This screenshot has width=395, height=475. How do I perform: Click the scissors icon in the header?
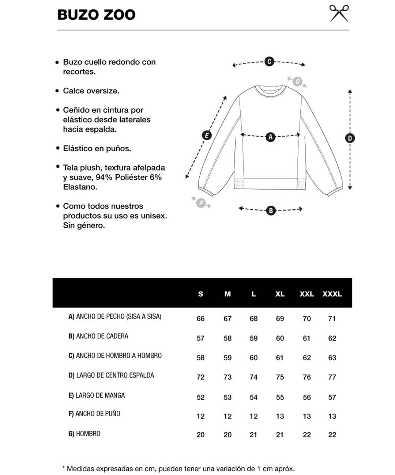pyautogui.click(x=339, y=14)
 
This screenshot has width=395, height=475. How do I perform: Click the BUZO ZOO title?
pyautogui.click(x=97, y=15)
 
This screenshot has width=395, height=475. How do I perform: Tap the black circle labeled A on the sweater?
pyautogui.click(x=270, y=137)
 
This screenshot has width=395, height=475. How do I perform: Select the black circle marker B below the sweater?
pyautogui.click(x=271, y=210)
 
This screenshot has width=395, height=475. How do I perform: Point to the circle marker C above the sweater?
pyautogui.click(x=269, y=61)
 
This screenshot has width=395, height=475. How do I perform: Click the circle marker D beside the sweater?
pyautogui.click(x=350, y=138)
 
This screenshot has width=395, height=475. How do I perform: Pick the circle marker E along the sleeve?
pyautogui.click(x=207, y=136)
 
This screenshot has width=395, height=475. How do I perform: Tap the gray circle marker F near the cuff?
pyautogui.click(x=201, y=203)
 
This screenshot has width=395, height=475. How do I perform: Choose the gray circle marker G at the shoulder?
pyautogui.click(x=297, y=81)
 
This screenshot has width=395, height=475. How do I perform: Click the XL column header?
pyautogui.click(x=280, y=294)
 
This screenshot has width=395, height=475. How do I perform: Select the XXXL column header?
pyautogui.click(x=332, y=294)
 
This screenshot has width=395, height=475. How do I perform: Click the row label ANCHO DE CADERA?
pyautogui.click(x=98, y=336)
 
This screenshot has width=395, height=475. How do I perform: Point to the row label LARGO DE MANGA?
pyautogui.click(x=97, y=395)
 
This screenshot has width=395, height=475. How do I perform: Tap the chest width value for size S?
pyautogui.click(x=200, y=319)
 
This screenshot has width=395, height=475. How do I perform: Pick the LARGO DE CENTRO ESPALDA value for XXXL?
pyautogui.click(x=332, y=377)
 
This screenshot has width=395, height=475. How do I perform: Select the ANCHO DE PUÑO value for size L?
pyautogui.click(x=253, y=416)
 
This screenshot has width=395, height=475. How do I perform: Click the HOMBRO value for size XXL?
pyautogui.click(x=306, y=435)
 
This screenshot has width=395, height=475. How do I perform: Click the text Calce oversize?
pyautogui.click(x=91, y=91)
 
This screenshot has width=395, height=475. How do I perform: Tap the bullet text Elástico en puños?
pyautogui.click(x=97, y=148)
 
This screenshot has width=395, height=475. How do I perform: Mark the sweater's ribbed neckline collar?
pyautogui.click(x=270, y=90)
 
